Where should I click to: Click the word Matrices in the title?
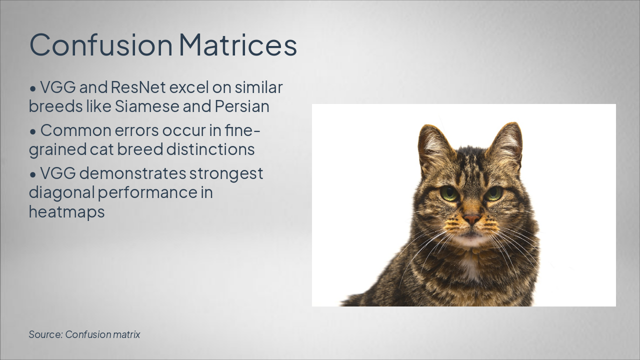pos(237,45)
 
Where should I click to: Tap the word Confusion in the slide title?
pos(101,45)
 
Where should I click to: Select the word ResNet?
pos(138,87)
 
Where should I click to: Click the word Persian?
pos(242,106)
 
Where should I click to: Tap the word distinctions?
pos(210,149)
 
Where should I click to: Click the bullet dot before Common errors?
pos(33,131)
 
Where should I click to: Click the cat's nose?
pos(471,219)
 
